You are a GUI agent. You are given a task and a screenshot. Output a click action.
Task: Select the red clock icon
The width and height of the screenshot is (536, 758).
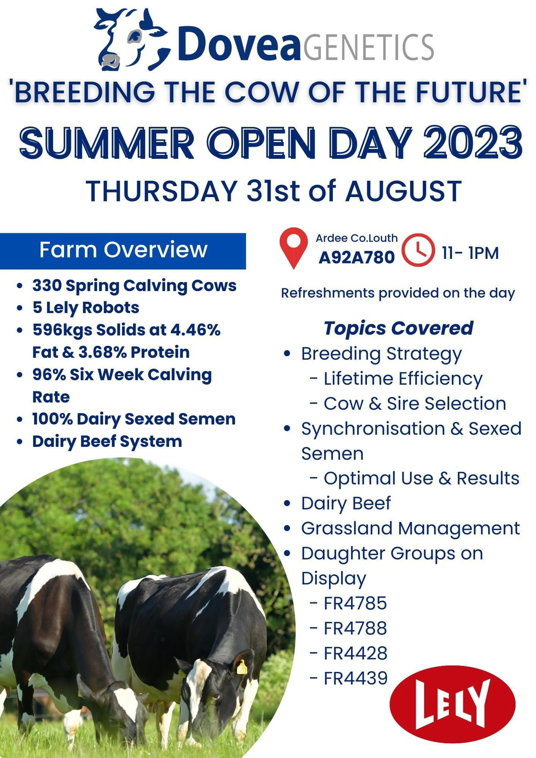[418, 250]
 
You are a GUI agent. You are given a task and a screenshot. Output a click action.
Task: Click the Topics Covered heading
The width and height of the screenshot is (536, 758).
[399, 328]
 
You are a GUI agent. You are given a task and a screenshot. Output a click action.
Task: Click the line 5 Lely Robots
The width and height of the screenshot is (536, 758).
[86, 308]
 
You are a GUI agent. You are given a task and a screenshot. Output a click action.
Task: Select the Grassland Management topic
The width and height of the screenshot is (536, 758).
[411, 529]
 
